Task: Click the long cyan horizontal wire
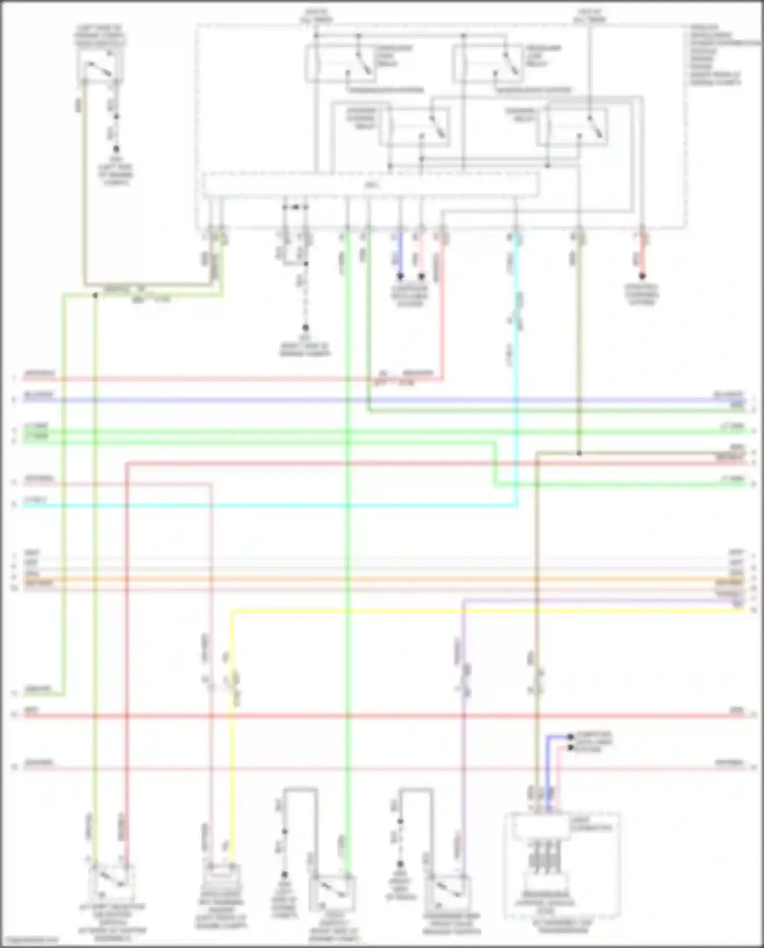(x=255, y=506)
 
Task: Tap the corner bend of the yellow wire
(x=232, y=611)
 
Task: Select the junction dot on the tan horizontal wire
(x=579, y=453)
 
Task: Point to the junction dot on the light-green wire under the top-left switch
(x=95, y=295)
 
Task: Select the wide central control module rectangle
(x=370, y=185)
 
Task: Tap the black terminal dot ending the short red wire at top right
(x=642, y=276)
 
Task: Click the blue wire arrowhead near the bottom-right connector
(x=569, y=737)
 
